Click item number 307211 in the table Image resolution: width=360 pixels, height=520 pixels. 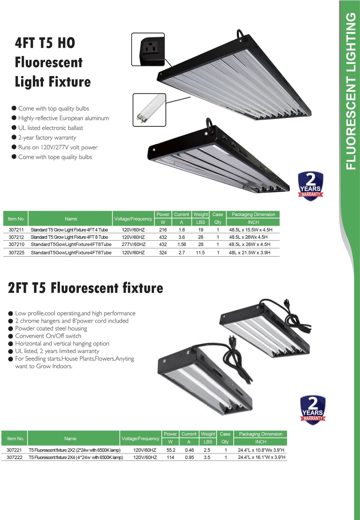click(16, 230)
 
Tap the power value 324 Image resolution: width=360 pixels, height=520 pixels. click(163, 253)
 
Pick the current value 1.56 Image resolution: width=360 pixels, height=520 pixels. click(182, 245)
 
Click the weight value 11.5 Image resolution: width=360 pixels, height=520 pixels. click(200, 253)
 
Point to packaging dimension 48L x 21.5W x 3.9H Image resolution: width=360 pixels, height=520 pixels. click(249, 253)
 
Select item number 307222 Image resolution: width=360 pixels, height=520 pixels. click(14, 457)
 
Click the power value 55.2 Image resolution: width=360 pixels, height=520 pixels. click(171, 450)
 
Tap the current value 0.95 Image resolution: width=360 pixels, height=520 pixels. click(190, 457)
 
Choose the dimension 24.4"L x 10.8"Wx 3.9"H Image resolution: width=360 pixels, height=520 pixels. click(261, 450)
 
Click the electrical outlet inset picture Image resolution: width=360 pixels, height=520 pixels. click(148, 49)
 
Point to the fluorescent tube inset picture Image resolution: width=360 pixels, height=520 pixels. click(149, 110)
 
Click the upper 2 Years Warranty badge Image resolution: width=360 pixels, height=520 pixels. click(310, 186)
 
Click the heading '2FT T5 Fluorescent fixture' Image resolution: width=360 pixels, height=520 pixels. click(85, 288)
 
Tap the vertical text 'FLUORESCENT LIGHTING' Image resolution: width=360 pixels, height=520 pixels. click(351, 91)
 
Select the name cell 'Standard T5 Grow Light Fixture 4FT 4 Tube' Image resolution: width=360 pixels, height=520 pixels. click(69, 230)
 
